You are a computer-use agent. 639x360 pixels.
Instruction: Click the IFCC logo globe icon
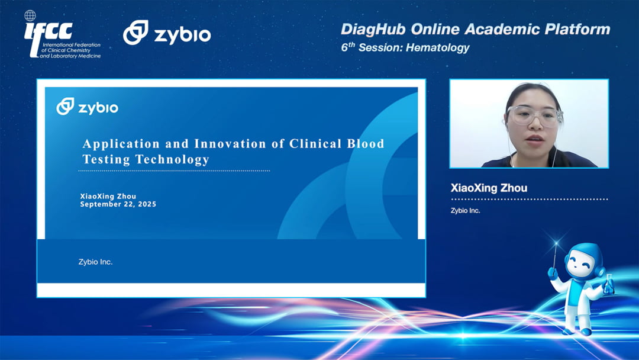click(x=30, y=16)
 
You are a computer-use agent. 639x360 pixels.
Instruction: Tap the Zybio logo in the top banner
click(x=167, y=33)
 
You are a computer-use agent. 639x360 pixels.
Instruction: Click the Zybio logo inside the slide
click(x=87, y=107)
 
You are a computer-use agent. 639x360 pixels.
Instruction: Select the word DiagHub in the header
click(x=373, y=30)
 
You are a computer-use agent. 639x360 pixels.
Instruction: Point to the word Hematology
click(x=438, y=48)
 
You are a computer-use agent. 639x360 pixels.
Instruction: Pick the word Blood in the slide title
click(x=366, y=143)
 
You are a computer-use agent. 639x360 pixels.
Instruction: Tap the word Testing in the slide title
click(x=106, y=159)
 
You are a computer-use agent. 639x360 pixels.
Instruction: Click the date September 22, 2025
click(x=118, y=204)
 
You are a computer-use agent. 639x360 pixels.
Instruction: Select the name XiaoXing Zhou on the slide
click(x=108, y=196)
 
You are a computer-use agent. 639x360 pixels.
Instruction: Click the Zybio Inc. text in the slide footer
click(x=95, y=262)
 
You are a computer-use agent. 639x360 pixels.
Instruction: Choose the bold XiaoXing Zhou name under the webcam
click(x=489, y=188)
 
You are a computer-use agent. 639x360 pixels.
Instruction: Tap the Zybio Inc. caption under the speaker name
click(x=466, y=210)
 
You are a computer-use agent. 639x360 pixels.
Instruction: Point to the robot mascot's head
click(x=583, y=261)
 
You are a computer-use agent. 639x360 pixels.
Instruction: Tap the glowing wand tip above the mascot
click(x=556, y=244)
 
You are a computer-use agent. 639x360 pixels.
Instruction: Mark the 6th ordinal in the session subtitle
click(x=348, y=47)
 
